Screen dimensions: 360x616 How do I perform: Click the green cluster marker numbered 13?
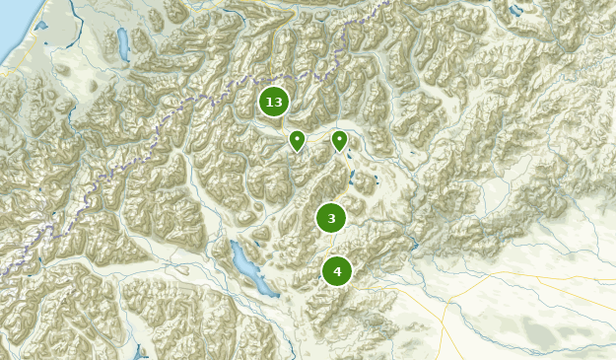tap(274, 102)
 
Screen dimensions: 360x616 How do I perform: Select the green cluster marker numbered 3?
tap(331, 218)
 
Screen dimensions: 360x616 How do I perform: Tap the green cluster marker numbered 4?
tap(337, 271)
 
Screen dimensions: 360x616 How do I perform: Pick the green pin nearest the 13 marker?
tap(297, 141)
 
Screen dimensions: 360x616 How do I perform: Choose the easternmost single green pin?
tap(339, 141)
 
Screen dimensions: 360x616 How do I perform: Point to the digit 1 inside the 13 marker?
tap(269, 102)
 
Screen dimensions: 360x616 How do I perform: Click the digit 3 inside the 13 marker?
tap(278, 102)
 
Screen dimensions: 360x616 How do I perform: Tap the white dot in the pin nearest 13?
tap(297, 139)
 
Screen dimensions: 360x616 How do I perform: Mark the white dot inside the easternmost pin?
tap(339, 139)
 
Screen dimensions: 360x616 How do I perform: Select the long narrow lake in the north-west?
tap(123, 43)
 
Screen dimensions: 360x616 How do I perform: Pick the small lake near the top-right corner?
tap(515, 11)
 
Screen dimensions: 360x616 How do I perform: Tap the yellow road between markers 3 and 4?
tap(333, 245)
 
